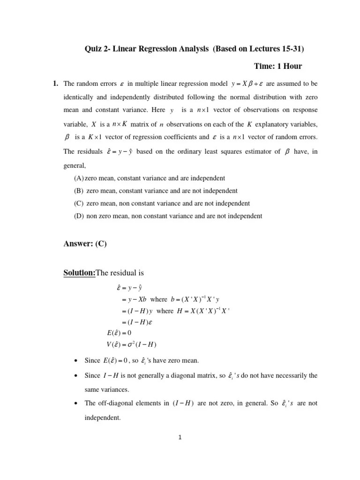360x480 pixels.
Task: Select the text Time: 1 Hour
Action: [x=279, y=67]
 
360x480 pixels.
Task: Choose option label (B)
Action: [x=79, y=191]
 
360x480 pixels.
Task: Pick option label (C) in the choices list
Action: [x=79, y=203]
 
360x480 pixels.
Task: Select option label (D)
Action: [x=79, y=216]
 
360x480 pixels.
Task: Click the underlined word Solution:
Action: [x=79, y=273]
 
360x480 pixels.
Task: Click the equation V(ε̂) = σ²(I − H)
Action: [x=131, y=345]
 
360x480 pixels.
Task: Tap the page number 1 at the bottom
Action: [x=180, y=438]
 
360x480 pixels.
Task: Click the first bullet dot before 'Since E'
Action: [x=76, y=361]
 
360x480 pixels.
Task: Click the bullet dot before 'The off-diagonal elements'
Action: [x=76, y=404]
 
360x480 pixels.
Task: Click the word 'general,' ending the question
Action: [x=74, y=165]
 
